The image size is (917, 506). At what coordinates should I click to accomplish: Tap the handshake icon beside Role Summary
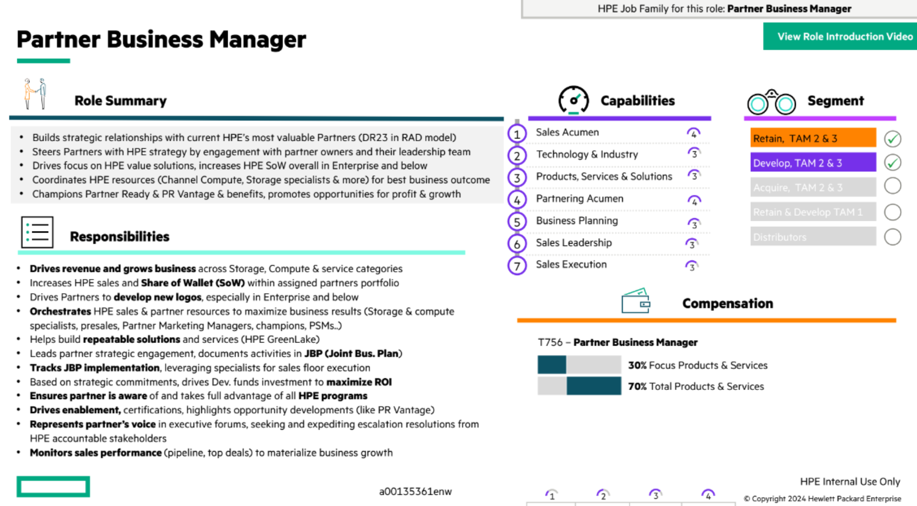[x=36, y=93]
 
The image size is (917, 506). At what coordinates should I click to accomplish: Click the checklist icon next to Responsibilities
[x=37, y=232]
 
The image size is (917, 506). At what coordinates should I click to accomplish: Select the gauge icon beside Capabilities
[x=573, y=100]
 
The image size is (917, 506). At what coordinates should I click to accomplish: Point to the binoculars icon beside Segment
[x=771, y=102]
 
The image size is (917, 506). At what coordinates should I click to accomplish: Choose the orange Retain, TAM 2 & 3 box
[x=813, y=138]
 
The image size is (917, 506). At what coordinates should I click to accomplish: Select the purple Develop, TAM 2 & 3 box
[x=813, y=162]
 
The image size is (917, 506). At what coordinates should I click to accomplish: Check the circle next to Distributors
[x=893, y=237]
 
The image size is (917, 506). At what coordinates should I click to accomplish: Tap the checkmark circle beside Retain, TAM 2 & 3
[x=893, y=139]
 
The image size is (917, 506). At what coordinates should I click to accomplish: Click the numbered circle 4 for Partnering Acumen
[x=517, y=200]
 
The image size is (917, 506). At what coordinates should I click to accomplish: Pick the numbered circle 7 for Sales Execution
[x=517, y=266]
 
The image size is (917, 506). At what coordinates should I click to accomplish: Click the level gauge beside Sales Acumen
[x=694, y=133]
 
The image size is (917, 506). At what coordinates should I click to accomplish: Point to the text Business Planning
[x=577, y=221]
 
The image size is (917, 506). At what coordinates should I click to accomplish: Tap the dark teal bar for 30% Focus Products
[x=552, y=365]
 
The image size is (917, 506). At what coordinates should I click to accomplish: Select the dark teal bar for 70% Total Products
[x=594, y=386]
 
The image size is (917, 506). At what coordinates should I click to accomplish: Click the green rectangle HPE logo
[x=53, y=487]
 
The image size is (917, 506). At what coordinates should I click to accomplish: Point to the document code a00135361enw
[x=415, y=491]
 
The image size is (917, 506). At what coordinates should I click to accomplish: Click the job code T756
[x=550, y=343]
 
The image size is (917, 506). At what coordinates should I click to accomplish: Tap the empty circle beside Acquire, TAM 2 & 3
[x=893, y=186]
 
